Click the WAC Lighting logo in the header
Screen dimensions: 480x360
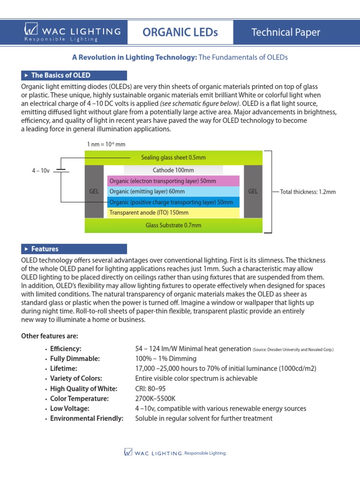point(72,33)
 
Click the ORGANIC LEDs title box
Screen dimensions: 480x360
point(180,32)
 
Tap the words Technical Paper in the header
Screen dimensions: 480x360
point(285,32)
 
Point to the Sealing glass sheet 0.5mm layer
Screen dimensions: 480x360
point(173,157)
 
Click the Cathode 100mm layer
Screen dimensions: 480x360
point(173,170)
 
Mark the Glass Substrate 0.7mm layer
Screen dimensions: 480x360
point(173,225)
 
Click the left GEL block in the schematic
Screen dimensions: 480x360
point(94,191)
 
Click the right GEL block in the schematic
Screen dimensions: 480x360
point(253,191)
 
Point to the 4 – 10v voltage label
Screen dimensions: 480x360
point(40,171)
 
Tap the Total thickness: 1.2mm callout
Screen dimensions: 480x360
point(307,192)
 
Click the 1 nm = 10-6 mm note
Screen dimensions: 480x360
point(106,144)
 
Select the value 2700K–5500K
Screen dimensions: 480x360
point(156,398)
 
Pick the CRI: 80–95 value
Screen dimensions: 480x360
point(150,389)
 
